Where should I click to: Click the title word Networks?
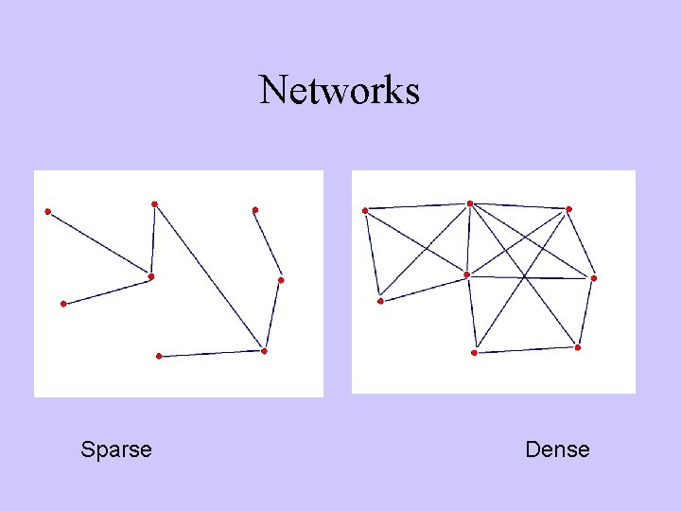339,91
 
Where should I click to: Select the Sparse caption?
116,449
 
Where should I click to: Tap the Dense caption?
557,449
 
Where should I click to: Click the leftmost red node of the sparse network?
47,211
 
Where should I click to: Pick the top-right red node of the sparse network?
254,209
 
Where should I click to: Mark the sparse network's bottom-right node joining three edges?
264,351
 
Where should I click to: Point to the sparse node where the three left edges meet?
150,276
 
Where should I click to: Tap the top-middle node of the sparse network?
154,203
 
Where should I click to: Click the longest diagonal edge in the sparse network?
209,277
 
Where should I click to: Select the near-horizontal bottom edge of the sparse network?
211,354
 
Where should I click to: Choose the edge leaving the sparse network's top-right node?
268,244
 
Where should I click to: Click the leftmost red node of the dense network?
365,210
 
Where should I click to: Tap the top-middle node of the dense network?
469,203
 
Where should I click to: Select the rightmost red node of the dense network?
593,278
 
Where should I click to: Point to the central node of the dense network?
466,274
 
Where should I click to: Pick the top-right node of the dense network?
568,209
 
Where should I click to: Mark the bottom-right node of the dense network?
577,347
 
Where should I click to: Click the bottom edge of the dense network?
525,350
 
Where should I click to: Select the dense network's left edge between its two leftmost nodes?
373,255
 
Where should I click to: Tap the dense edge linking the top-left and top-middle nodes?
417,206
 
